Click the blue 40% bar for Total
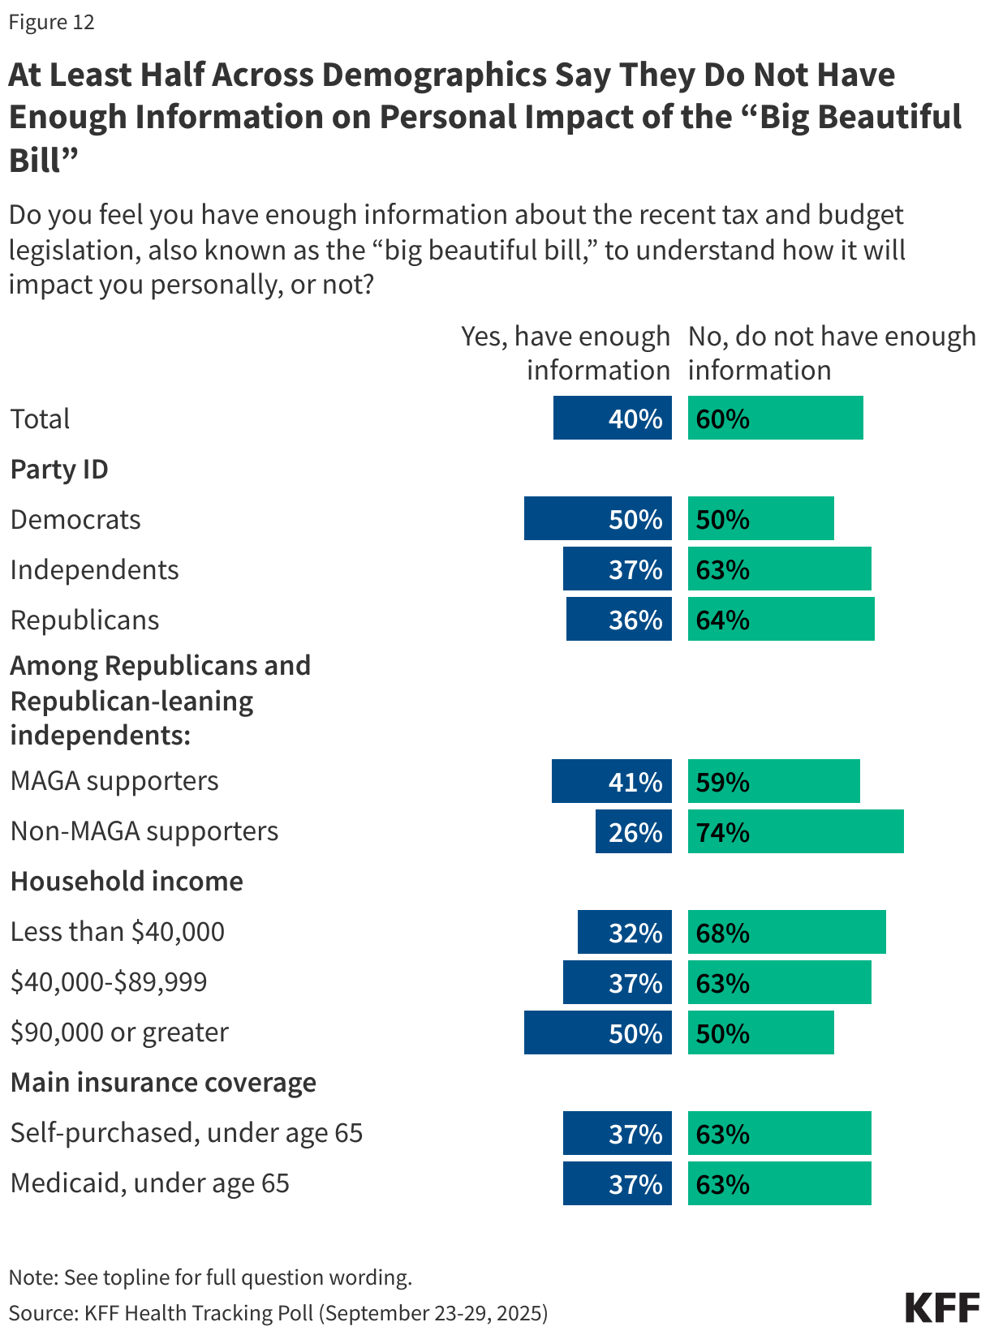(612, 419)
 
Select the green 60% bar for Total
(775, 419)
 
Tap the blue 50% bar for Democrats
(597, 519)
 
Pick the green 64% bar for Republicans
(781, 620)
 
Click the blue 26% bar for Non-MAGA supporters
(633, 832)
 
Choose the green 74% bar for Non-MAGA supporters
(795, 832)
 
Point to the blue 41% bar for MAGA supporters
(611, 782)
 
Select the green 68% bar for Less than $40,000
(786, 933)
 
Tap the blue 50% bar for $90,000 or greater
(597, 1033)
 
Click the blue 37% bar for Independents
(617, 569)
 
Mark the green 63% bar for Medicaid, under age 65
(779, 1184)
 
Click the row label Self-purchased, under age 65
(186, 1133)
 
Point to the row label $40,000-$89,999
(109, 982)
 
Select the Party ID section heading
(59, 470)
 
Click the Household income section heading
(127, 882)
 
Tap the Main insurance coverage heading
(163, 1083)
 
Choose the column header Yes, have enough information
(566, 353)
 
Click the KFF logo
(942, 1308)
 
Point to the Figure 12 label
(52, 22)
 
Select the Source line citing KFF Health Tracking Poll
(278, 1313)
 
